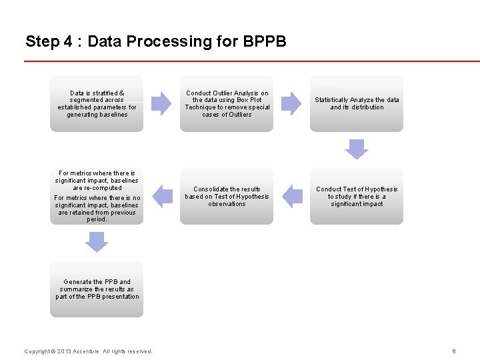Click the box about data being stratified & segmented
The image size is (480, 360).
(97, 103)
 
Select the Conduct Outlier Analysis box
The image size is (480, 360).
(227, 103)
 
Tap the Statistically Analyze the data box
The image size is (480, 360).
(357, 103)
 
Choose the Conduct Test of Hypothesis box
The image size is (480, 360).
(357, 197)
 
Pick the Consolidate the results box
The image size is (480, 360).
(227, 197)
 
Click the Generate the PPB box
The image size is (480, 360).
(97, 289)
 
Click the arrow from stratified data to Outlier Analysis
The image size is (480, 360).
(161, 103)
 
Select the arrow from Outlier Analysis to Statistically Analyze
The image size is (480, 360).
(291, 103)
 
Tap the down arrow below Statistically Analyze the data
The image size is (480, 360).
(357, 149)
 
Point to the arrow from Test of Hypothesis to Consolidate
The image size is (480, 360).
(292, 197)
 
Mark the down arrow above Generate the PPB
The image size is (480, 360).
(97, 242)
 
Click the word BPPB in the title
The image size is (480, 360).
(265, 41)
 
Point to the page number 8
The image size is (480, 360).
(453, 351)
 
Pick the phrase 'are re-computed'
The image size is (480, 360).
(97, 188)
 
